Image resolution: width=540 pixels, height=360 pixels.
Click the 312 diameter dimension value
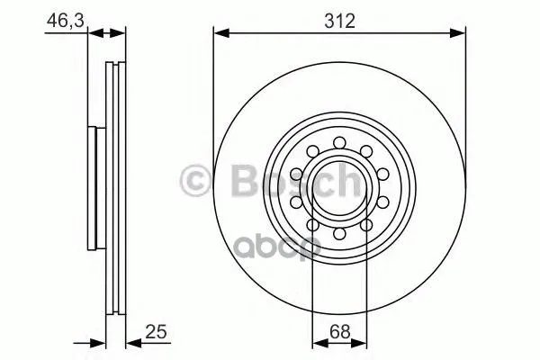[x=339, y=22]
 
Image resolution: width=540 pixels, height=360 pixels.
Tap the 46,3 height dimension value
[x=66, y=21]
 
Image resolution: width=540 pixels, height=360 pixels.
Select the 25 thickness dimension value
[x=156, y=332]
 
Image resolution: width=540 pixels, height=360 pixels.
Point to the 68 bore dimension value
[x=339, y=332]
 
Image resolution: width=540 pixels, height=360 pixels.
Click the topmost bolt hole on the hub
[x=339, y=142]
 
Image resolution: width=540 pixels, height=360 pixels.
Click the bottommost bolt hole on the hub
[x=339, y=234]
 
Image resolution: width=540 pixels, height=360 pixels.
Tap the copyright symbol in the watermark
[x=195, y=181]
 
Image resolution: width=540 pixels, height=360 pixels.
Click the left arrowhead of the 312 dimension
[x=221, y=33]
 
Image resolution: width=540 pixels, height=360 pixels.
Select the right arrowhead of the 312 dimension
[x=458, y=33]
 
